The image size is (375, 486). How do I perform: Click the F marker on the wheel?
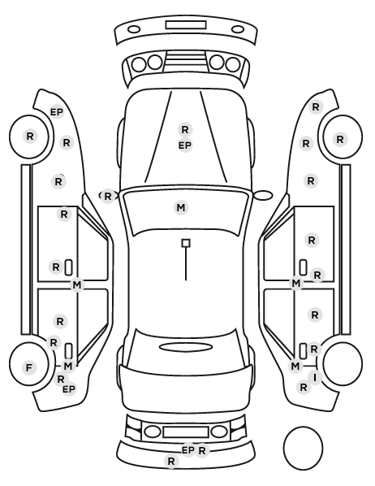pos(28,367)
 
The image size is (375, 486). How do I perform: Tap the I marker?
pos(315,378)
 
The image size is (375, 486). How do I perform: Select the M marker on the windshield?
pos(181,208)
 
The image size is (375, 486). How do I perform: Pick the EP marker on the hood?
pos(185,145)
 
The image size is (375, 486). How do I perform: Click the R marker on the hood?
pos(185,129)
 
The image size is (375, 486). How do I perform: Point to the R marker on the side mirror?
pos(107,196)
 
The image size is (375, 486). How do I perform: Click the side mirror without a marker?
pos(263,195)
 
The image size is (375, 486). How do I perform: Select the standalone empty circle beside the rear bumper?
pos(303,448)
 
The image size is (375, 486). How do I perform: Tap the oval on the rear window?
pos(186,347)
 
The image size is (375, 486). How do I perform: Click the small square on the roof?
pos(186,243)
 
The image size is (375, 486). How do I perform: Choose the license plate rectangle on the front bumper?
pos(186,25)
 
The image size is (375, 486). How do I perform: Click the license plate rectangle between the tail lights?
pos(186,432)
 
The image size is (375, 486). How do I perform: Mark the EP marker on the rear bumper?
pos(188,450)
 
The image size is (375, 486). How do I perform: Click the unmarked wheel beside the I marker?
pos(343,363)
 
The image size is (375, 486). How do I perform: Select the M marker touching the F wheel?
pos(68,366)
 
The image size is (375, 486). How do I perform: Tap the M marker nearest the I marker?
pos(295,366)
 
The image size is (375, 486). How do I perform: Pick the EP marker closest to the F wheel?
pos(69,388)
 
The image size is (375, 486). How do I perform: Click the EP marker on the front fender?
pos(56,112)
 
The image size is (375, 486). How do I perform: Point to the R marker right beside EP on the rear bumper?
pos(202,451)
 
